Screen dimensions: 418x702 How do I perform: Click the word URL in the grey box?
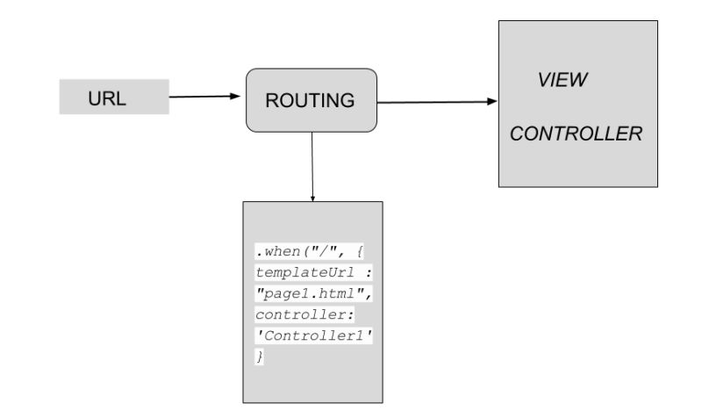[x=107, y=98]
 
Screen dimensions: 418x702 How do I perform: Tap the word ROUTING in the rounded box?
[x=310, y=101]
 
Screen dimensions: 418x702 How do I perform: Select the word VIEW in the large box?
[x=562, y=80]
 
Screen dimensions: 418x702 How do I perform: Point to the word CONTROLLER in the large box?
[x=577, y=134]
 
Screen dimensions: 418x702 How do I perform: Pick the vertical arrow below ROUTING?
[x=312, y=167]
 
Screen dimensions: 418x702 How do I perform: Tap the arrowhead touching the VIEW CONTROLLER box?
[x=492, y=101]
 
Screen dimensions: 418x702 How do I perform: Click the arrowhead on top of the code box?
[x=312, y=198]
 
